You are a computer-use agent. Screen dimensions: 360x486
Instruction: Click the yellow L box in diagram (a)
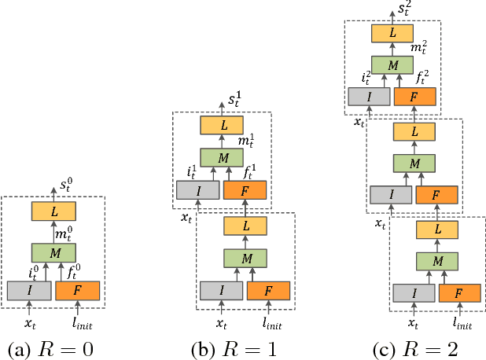(x=53, y=211)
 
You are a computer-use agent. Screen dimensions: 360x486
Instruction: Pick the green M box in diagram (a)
(x=53, y=252)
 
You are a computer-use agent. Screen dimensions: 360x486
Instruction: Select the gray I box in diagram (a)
(x=29, y=290)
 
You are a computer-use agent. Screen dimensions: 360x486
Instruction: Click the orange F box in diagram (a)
(x=77, y=290)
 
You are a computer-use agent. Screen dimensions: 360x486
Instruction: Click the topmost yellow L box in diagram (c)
(x=392, y=32)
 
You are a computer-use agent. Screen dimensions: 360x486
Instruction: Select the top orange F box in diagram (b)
(x=245, y=189)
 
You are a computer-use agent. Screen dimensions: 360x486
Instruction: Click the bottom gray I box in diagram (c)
(x=413, y=293)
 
